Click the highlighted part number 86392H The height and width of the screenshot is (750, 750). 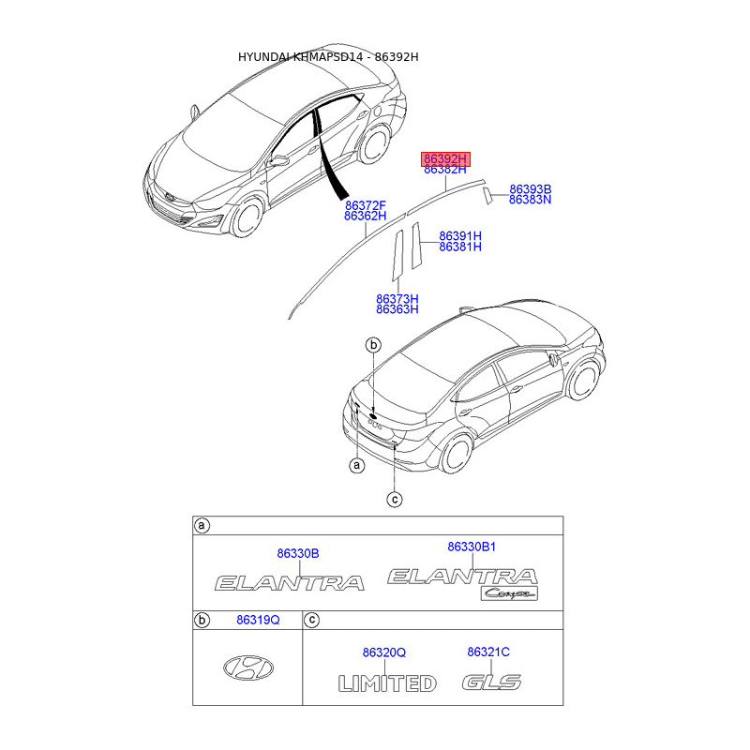(444, 158)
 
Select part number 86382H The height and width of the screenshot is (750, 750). (444, 170)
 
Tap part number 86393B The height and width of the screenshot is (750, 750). (530, 188)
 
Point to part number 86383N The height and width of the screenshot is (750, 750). (530, 200)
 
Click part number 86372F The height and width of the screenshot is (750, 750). (366, 204)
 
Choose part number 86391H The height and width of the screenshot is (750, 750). (460, 235)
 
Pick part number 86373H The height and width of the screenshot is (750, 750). (397, 298)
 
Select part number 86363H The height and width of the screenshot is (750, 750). (397, 309)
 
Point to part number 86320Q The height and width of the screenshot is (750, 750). (384, 652)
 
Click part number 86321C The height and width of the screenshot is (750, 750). (488, 652)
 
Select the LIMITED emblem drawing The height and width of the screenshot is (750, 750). (387, 682)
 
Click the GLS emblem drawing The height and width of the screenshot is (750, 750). (491, 682)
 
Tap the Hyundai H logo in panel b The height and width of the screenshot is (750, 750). (248, 667)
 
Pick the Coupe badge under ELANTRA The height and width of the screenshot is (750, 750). (510, 593)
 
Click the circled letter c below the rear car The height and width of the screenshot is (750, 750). (395, 500)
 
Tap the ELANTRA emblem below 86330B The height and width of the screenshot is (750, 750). (290, 583)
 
